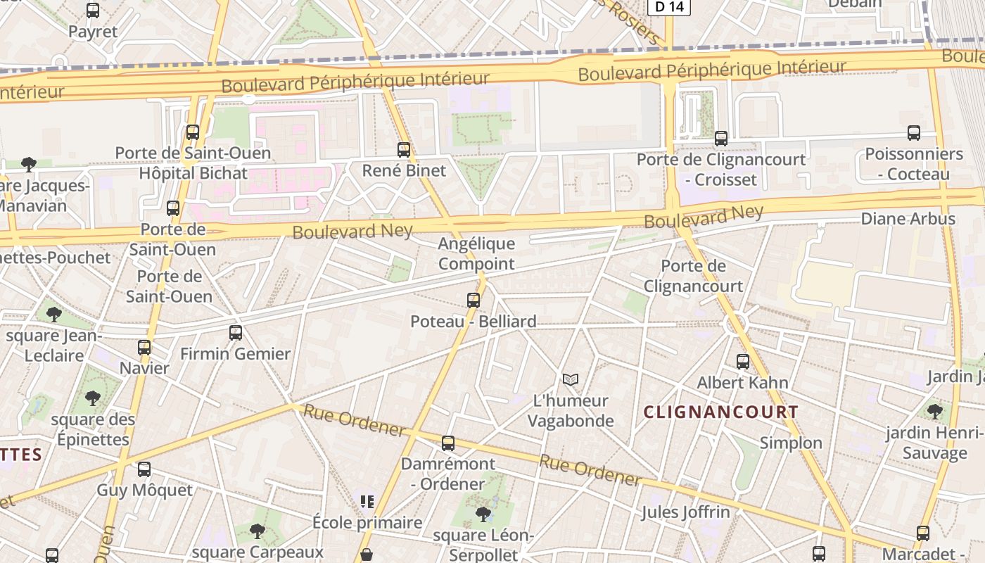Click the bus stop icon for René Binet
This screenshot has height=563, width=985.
pos(403,149)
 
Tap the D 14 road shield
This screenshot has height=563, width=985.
pos(668,7)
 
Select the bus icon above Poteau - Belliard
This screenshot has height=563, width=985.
pos(474,301)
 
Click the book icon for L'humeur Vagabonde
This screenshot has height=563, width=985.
pos(571,380)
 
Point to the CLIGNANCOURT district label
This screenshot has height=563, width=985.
pos(721,412)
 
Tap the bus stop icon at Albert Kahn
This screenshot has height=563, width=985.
pos(742,362)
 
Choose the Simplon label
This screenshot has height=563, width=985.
pos(791,443)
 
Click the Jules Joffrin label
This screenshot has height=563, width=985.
pos(685,512)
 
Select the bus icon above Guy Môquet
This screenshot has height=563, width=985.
pos(144,469)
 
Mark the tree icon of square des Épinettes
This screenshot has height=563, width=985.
pos(93,398)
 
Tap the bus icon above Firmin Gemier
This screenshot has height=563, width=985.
pos(236,332)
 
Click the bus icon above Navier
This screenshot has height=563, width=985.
pos(144,347)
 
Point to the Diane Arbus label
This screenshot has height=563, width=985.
pos(908,219)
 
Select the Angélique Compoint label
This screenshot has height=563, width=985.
pos(476,254)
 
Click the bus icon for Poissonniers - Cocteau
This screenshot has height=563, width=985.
pos(914,132)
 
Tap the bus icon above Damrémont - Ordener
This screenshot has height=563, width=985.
pos(448,443)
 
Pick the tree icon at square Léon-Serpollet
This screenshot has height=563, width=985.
pos(483,514)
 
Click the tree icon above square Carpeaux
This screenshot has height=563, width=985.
pos(258,531)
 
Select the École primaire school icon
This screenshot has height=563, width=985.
pos(367,501)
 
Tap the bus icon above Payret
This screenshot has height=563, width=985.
pos(93,10)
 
